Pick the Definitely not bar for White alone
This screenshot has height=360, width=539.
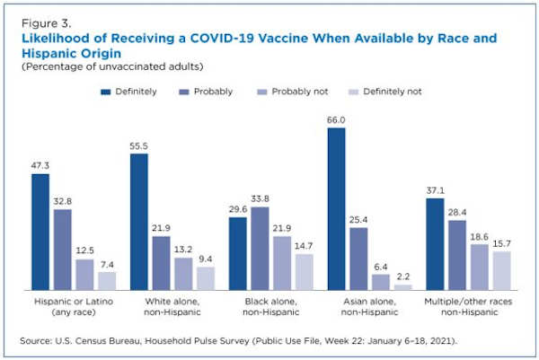click(x=206, y=277)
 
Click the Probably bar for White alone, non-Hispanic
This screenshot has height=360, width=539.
click(x=162, y=262)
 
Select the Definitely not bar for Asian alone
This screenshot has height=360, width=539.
click(x=402, y=286)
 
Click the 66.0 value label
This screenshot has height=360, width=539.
click(x=336, y=119)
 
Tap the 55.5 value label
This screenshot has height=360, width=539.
click(x=139, y=145)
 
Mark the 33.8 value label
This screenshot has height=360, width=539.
click(x=259, y=199)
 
